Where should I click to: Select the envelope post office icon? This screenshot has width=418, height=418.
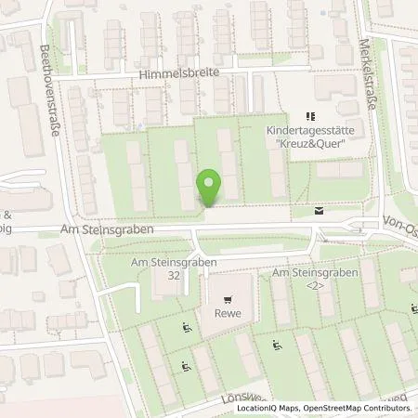320,212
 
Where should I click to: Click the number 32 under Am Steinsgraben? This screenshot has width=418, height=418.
169,276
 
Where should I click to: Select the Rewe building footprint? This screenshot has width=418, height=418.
229,307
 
